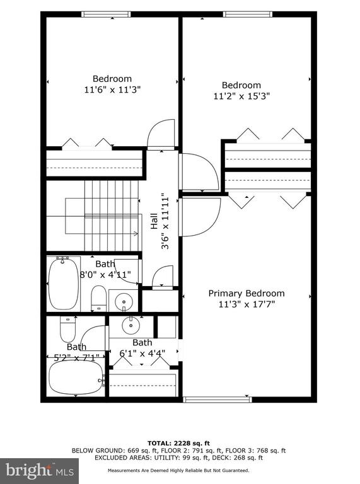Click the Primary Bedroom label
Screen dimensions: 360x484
click(247, 293)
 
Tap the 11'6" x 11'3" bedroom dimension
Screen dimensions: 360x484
click(112, 90)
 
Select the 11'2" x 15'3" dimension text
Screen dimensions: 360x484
click(241, 96)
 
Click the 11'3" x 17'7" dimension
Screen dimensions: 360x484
click(247, 304)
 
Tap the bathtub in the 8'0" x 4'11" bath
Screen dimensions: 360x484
click(63, 284)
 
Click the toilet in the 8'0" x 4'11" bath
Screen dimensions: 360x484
click(99, 298)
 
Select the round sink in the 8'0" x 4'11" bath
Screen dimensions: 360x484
click(124, 302)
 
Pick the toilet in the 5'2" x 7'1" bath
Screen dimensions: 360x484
click(68, 329)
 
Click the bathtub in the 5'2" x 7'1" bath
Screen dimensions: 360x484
click(76, 377)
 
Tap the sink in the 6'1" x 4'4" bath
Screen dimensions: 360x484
click(131, 325)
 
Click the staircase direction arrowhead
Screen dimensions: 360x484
click(136, 234)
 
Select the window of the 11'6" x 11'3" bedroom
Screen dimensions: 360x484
click(106, 14)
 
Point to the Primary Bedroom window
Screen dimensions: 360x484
click(218, 400)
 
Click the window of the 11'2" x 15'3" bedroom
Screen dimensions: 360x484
click(248, 14)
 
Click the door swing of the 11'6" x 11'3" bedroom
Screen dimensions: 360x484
click(161, 134)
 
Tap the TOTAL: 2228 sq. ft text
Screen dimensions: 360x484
click(178, 444)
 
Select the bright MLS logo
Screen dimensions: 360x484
click(39, 470)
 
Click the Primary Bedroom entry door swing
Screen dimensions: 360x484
click(201, 217)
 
